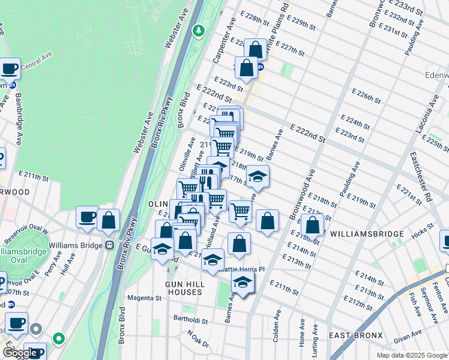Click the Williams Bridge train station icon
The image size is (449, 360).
point(110,245)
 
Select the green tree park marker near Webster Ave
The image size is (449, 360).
point(199,29)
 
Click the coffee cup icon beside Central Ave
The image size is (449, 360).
point(10,68)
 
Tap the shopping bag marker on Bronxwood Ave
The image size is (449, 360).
point(313,225)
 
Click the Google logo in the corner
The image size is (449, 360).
point(19,353)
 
